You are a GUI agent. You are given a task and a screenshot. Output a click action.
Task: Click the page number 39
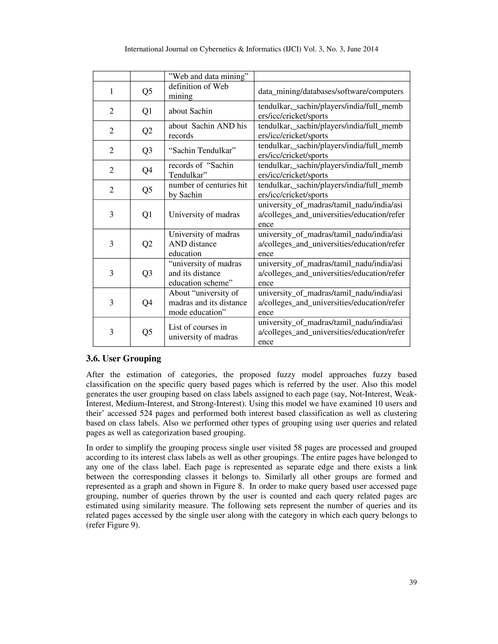pyautogui.click(x=413, y=582)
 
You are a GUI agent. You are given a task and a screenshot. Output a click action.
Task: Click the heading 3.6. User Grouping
pyautogui.click(x=124, y=358)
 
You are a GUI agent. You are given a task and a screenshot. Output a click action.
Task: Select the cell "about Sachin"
pyautogui.click(x=190, y=111)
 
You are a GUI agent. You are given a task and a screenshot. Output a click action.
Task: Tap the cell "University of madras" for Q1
pyautogui.click(x=204, y=214)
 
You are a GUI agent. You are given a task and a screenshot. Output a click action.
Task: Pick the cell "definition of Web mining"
pyautogui.click(x=198, y=91)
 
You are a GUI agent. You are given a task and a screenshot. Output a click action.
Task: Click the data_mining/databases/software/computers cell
pyautogui.click(x=330, y=91)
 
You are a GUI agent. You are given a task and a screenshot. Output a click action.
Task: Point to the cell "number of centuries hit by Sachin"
pyautogui.click(x=208, y=190)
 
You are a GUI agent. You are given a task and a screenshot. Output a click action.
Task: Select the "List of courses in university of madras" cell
pyautogui.click(x=203, y=332)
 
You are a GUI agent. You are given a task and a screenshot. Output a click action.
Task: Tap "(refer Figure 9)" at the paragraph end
pyautogui.click(x=113, y=525)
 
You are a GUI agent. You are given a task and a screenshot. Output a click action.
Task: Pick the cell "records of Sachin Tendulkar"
pyautogui.click(x=201, y=170)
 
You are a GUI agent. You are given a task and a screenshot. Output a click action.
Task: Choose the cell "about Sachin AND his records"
pyautogui.click(x=208, y=131)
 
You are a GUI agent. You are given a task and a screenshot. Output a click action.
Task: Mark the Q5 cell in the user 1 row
pyautogui.click(x=147, y=91)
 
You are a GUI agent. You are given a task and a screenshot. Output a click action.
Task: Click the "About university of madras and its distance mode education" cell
pyautogui.click(x=208, y=303)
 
